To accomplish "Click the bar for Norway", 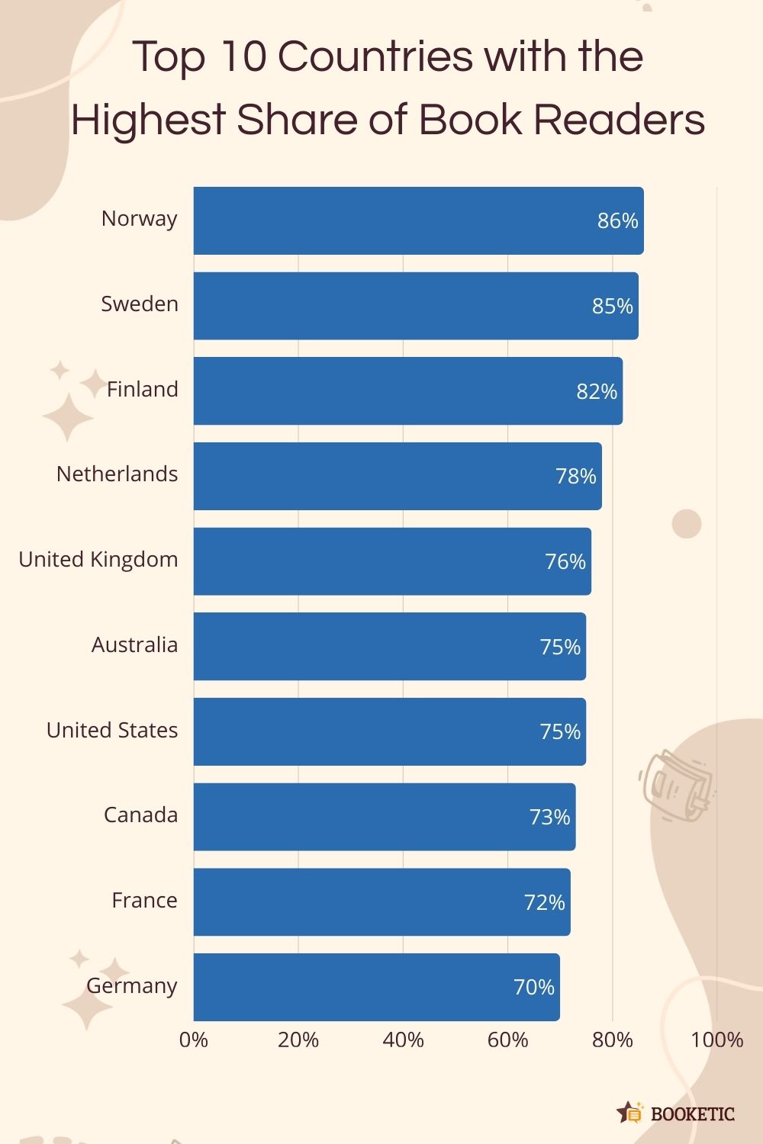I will coord(397,220).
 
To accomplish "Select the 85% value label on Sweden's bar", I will coord(612,306).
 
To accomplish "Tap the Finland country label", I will coord(142,389).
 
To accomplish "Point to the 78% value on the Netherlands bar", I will coord(575,476).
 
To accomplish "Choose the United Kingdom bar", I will coord(381,561).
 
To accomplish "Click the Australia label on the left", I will coord(134,644).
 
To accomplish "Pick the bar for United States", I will coord(381,731).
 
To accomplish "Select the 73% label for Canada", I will coord(549,817).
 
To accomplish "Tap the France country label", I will coord(144,900).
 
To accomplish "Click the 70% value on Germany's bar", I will coord(533,987).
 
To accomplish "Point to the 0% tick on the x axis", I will coord(194,1040).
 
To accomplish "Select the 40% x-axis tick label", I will coord(403,1040).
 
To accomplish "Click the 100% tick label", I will coord(716,1040).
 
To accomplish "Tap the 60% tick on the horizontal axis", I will coord(507,1040).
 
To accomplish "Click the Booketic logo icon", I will coord(630,1113).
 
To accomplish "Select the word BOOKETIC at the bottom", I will coord(692,1114).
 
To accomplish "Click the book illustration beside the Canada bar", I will coord(675,786).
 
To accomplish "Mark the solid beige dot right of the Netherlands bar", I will coord(686,524).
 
